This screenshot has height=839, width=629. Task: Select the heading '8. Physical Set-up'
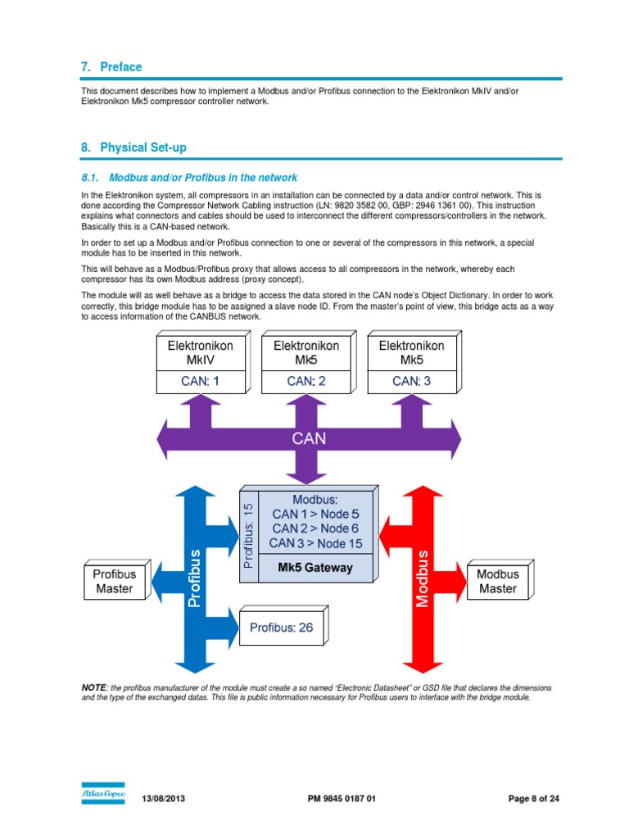coord(133,147)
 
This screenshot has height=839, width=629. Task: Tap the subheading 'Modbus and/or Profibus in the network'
coord(202,177)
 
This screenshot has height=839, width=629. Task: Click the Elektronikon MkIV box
coord(200,353)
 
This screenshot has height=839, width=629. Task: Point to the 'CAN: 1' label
coord(200,381)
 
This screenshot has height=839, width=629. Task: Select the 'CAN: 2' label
coord(305,381)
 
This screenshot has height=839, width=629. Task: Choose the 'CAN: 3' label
coord(411,381)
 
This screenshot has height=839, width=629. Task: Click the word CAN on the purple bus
coord(309,438)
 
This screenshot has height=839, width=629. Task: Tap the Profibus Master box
coord(115,582)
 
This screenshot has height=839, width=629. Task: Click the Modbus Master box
coord(497,582)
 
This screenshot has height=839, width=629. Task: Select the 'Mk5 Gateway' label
coord(315,568)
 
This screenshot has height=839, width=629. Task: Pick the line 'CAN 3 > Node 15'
coord(314,543)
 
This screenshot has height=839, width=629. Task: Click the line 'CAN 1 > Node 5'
coord(314,514)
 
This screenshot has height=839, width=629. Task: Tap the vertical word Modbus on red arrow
coord(422,578)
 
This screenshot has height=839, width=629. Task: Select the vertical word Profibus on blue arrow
coord(194,578)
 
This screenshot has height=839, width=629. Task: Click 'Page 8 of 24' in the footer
coord(534,799)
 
